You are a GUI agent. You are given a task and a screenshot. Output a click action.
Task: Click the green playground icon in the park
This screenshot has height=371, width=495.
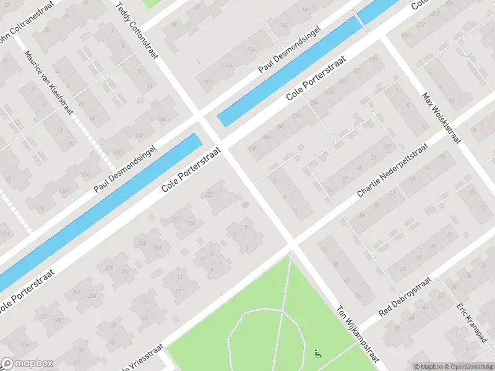point(318,354)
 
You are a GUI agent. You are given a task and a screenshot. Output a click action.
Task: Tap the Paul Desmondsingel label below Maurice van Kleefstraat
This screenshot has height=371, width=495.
point(126,168)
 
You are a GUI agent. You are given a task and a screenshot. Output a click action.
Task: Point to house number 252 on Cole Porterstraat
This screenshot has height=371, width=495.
point(209,195)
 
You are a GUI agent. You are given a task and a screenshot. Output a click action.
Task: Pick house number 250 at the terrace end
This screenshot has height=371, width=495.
point(251,148)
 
